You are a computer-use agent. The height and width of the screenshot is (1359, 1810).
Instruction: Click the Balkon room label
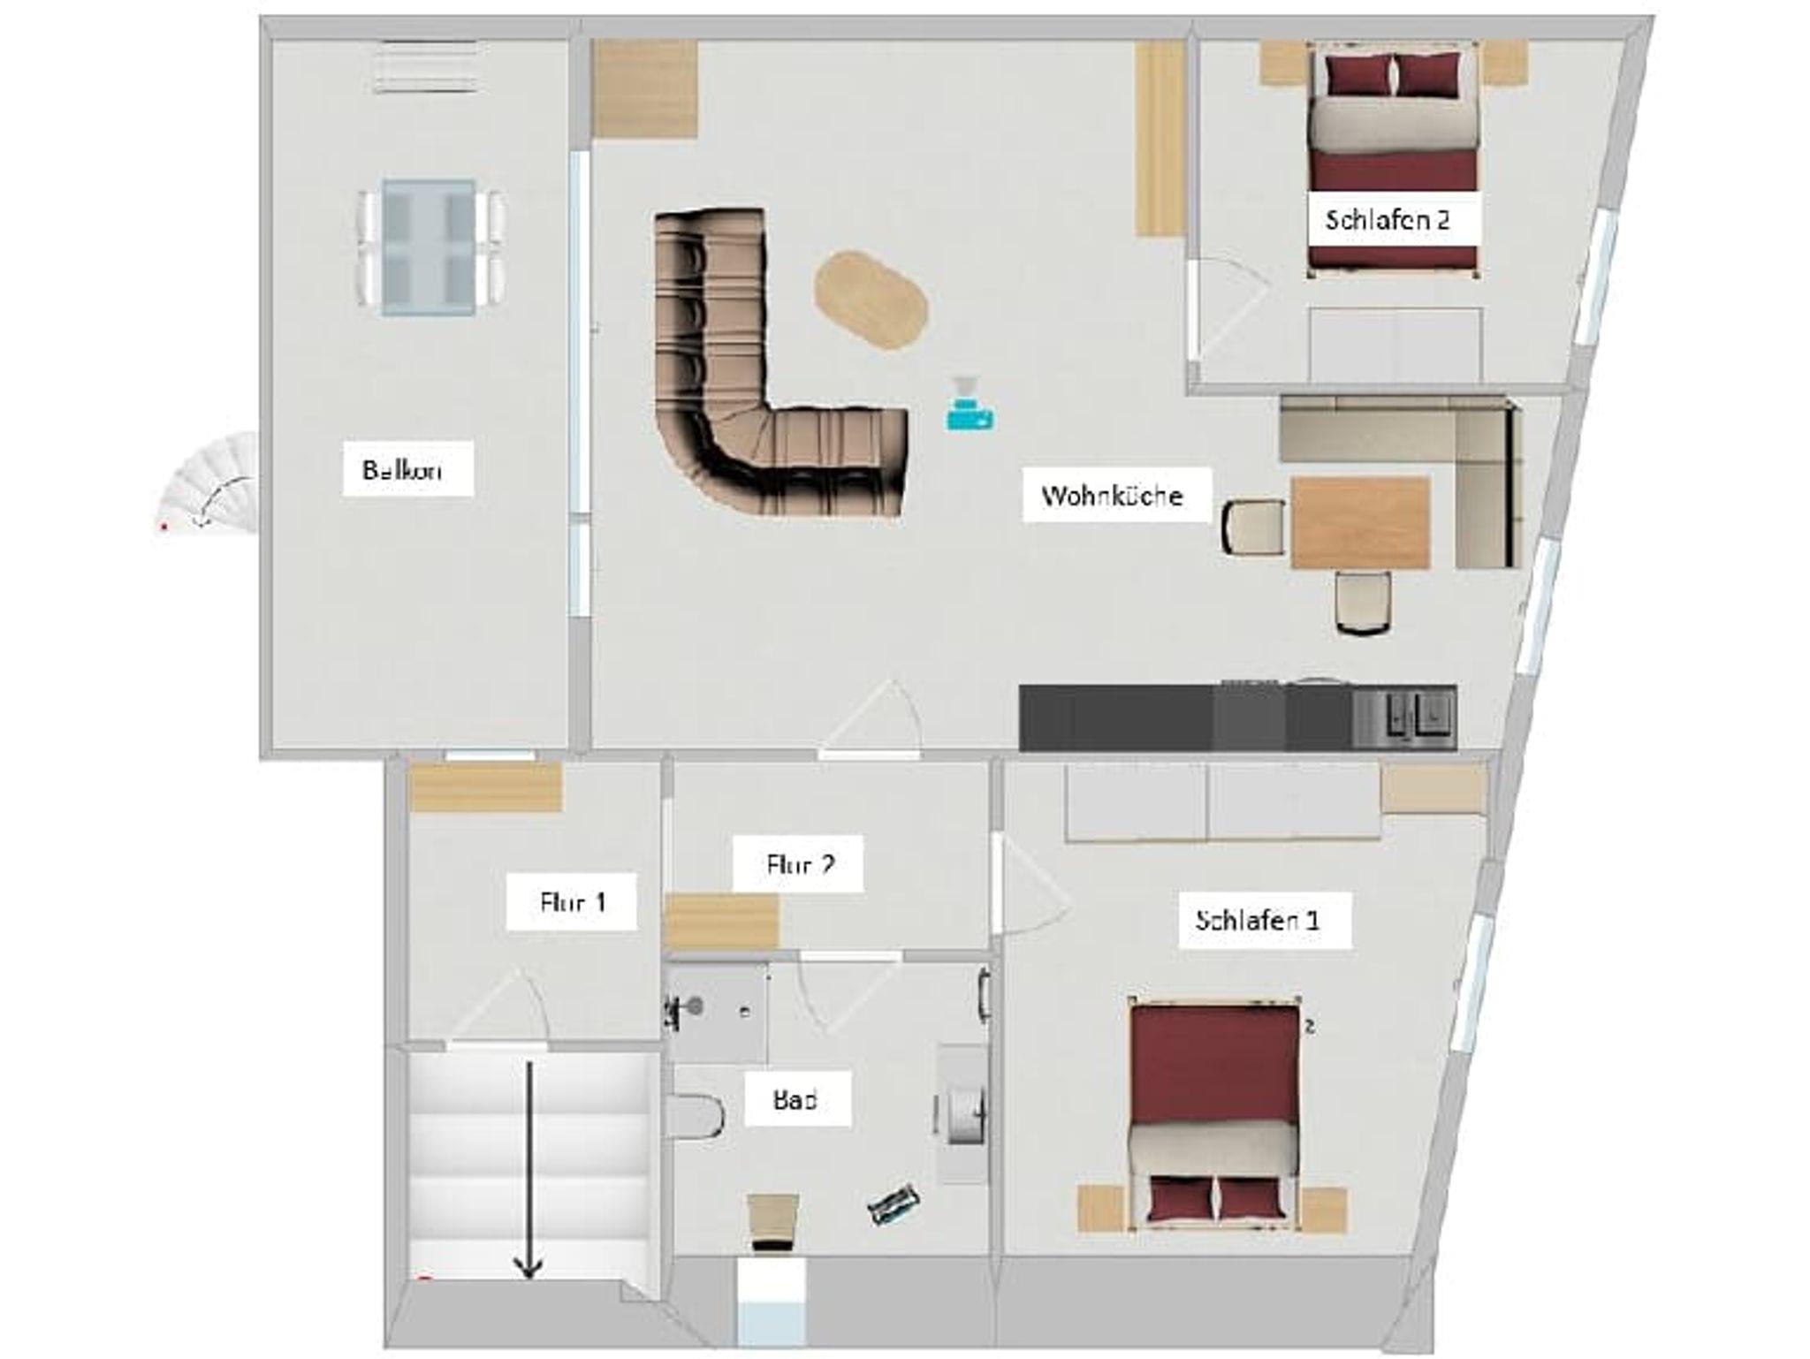point(402,469)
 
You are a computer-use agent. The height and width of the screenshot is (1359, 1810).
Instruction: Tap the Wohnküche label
point(1112,496)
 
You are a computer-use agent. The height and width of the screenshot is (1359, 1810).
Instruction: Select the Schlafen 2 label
point(1388,219)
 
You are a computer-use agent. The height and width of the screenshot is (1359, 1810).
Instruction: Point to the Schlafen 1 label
point(1257,920)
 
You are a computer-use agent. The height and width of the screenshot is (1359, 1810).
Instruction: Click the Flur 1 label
point(573,902)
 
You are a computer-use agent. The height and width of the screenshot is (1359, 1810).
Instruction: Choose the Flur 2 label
point(801,864)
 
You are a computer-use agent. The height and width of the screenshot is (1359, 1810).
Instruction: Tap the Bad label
point(795,1100)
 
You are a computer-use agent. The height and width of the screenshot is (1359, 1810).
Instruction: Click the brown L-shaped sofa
point(707,442)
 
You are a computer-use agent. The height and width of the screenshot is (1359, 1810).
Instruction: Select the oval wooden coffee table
point(871,300)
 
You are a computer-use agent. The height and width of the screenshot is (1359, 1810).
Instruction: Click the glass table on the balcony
point(430,247)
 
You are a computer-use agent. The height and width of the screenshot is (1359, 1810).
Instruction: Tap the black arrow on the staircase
point(529,1170)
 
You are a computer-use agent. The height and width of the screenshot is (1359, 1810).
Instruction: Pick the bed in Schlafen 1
point(1215,1113)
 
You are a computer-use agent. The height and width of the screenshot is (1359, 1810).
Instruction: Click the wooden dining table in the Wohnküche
point(1361,522)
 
